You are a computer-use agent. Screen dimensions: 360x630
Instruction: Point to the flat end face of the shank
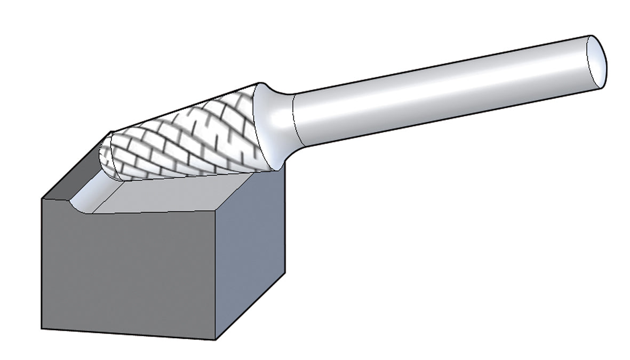click(596, 61)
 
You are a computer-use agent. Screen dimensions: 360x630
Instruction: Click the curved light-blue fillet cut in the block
click(85, 197)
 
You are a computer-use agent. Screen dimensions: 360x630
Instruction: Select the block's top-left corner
click(42, 199)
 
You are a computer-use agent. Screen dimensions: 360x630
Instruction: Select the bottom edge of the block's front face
click(128, 334)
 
